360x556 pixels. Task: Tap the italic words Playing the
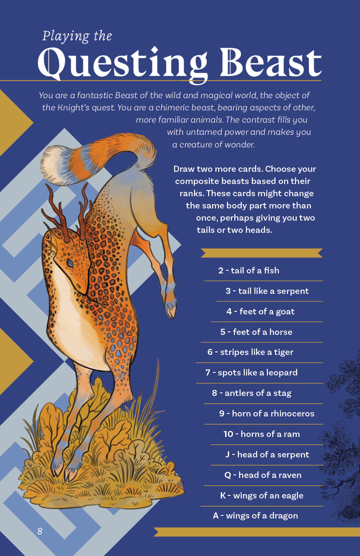[x=77, y=36]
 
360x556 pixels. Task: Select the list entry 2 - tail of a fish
[x=249, y=270]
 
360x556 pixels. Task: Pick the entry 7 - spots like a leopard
[x=251, y=372]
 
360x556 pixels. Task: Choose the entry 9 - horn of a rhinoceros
[x=267, y=413]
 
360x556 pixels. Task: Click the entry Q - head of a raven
[x=263, y=475]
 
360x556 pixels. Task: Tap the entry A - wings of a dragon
[x=255, y=515]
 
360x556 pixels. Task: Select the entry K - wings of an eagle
[x=262, y=495]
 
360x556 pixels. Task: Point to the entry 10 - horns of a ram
[x=262, y=434]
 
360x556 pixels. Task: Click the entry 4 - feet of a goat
[x=261, y=311]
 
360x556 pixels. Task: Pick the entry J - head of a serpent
[x=267, y=454]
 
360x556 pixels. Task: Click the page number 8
[x=40, y=531]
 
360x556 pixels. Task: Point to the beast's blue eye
[x=70, y=263]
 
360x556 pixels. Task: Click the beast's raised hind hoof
[x=171, y=310]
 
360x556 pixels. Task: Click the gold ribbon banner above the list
[x=262, y=253]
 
